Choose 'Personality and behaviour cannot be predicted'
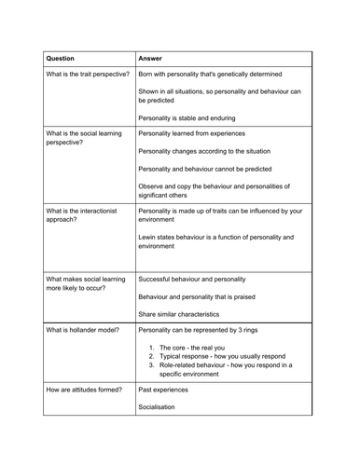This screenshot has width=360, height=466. click(x=213, y=169)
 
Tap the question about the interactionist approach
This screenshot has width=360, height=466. click(x=80, y=216)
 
